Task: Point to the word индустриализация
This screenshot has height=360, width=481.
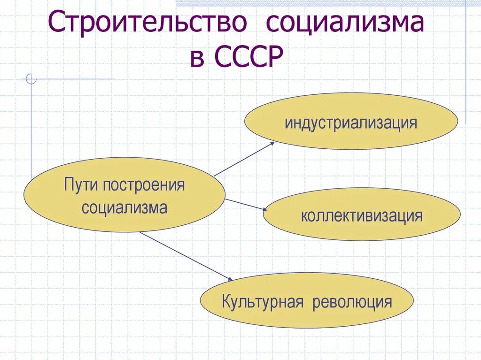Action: point(350,123)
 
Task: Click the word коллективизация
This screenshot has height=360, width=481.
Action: point(362,216)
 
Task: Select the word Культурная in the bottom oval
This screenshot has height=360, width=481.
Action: point(262,301)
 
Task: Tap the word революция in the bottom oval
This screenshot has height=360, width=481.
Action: point(351,301)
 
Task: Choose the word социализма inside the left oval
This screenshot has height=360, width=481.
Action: point(124,207)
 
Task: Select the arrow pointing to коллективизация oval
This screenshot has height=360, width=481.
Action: point(245,205)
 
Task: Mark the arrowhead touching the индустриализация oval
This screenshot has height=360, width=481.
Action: point(272,144)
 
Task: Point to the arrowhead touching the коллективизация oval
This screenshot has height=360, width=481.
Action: point(264,210)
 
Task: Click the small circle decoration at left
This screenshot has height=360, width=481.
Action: point(31,79)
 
